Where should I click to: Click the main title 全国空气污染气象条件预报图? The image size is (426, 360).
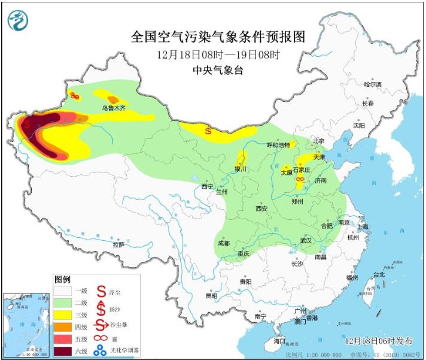pyautogui.click(x=218, y=37)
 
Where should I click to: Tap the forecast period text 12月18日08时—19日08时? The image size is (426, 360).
pyautogui.click(x=218, y=55)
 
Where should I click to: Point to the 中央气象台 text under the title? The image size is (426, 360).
pyautogui.click(x=218, y=70)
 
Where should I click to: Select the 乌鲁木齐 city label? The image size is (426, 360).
pyautogui.click(x=113, y=108)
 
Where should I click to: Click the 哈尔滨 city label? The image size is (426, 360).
pyautogui.click(x=372, y=85)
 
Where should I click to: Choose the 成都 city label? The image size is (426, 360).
pyautogui.click(x=224, y=243)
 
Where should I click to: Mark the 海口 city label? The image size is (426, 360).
pyautogui.click(x=279, y=340)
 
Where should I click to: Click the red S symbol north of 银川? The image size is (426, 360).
pyautogui.click(x=208, y=130)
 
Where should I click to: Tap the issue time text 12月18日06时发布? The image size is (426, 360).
pyautogui.click(x=379, y=340)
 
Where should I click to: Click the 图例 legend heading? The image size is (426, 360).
pyautogui.click(x=62, y=280)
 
